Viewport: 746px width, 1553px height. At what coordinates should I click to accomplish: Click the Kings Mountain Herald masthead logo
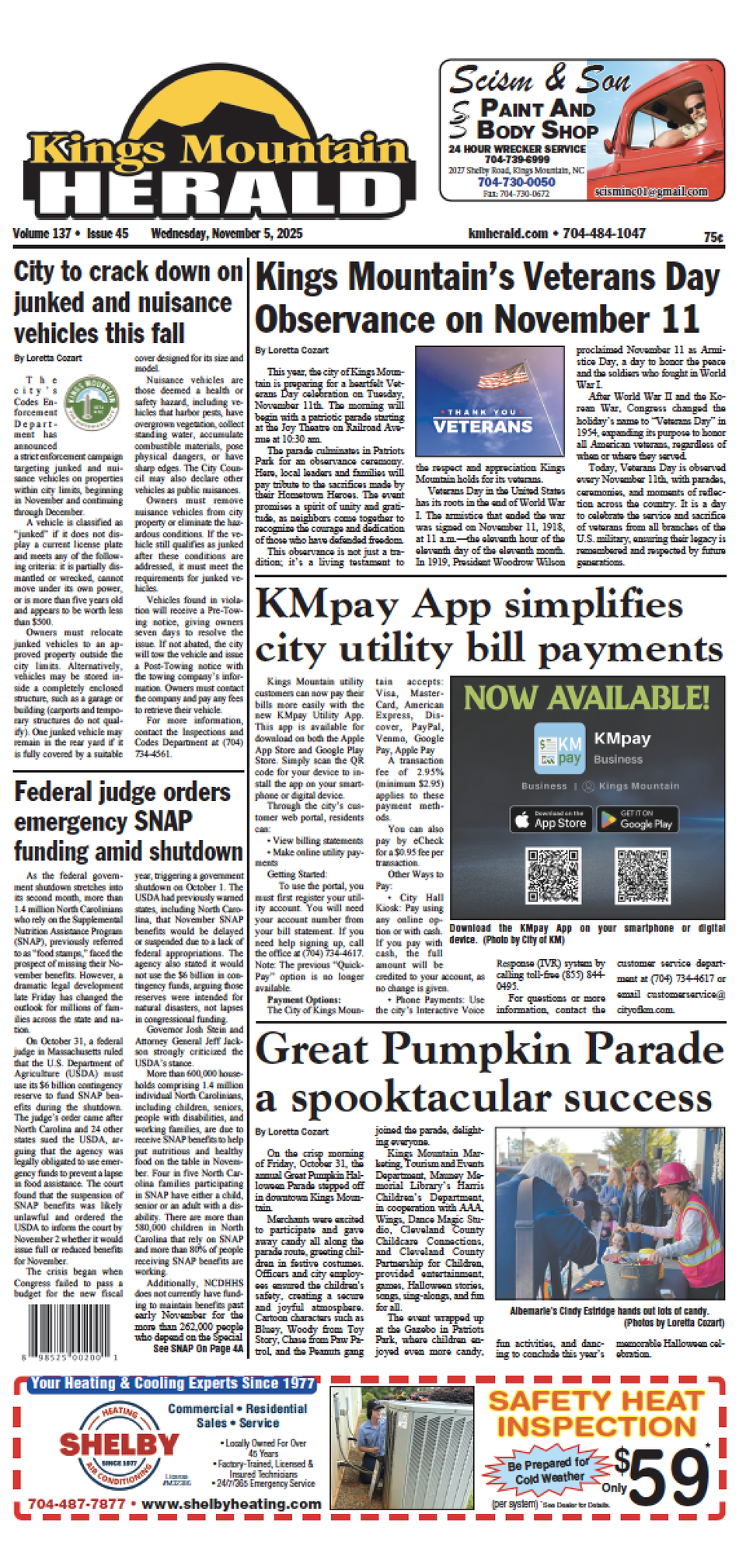pos(214,152)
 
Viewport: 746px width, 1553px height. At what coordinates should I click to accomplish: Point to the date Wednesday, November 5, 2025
pos(226,233)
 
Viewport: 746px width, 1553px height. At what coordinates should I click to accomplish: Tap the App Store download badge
pos(550,820)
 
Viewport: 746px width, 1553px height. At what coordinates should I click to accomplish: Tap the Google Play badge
pos(637,820)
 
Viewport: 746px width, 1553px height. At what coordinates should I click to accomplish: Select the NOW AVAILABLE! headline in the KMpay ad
pos(587,698)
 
